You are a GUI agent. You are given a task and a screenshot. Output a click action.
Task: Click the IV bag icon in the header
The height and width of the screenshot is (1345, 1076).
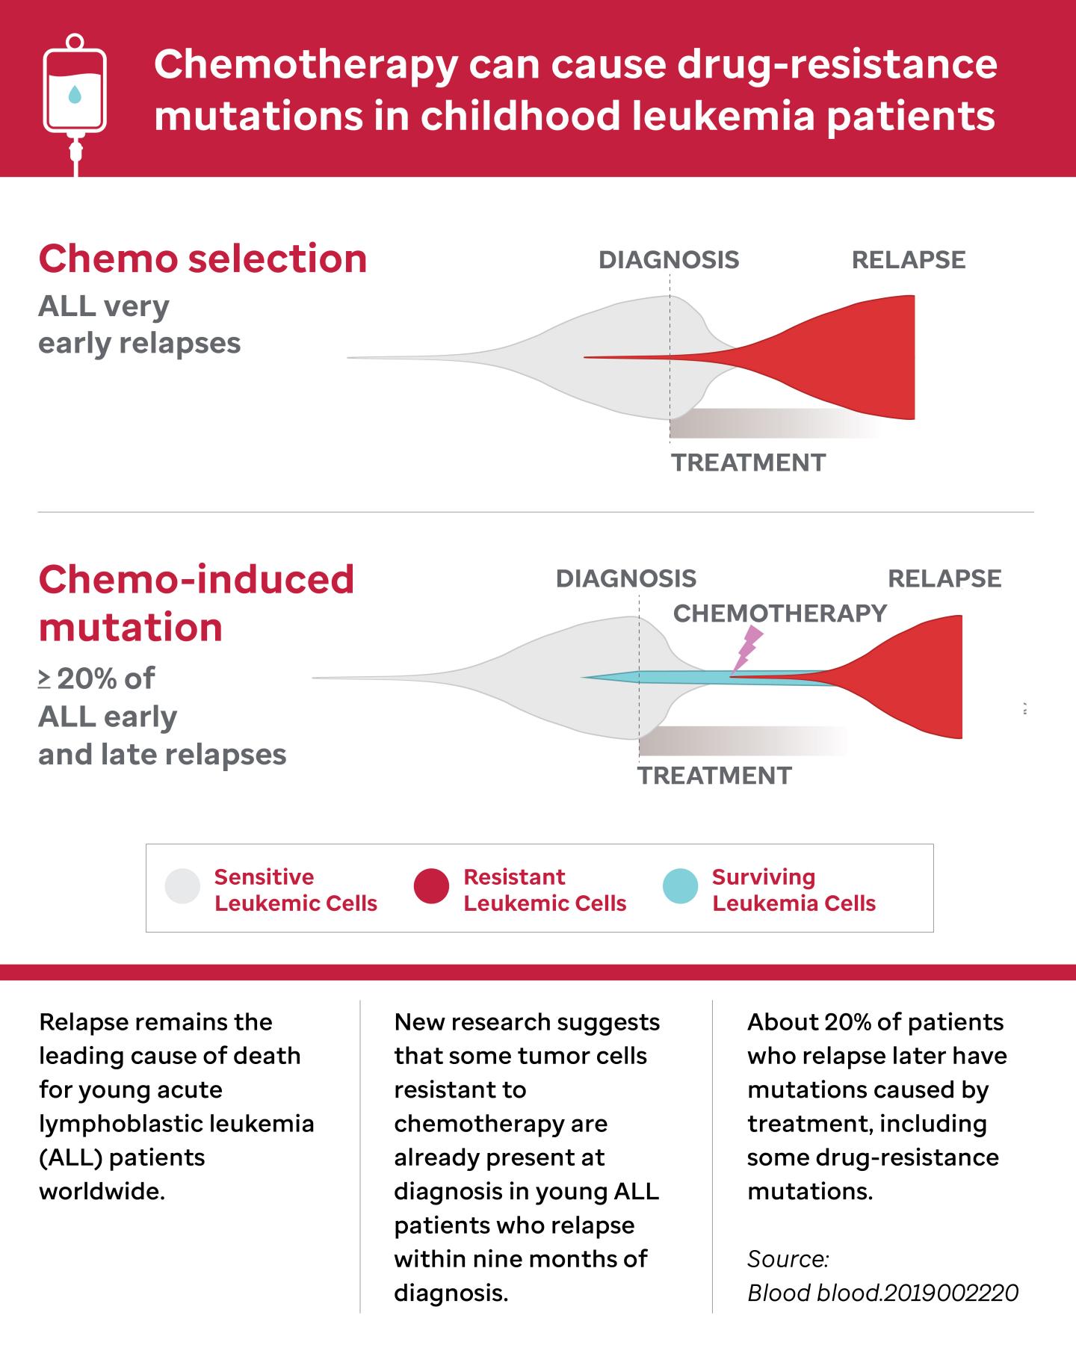pos(75,93)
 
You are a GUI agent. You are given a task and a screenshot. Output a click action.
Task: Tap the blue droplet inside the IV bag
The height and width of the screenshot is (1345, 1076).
pos(75,94)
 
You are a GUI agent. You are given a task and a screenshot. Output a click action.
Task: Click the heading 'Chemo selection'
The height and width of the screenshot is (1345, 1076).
pos(202,259)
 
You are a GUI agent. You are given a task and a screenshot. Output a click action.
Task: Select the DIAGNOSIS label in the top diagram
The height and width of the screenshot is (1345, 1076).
pos(669,260)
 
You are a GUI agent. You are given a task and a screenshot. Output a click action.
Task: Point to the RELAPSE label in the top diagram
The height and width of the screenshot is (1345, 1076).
pos(909,260)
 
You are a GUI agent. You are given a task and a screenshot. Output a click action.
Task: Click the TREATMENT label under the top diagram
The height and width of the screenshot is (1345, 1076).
pos(748,463)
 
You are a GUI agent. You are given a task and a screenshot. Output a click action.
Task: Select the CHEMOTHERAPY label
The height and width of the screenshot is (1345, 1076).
pos(779,613)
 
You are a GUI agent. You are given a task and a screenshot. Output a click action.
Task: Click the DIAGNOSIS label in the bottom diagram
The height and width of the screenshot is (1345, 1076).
pos(626,579)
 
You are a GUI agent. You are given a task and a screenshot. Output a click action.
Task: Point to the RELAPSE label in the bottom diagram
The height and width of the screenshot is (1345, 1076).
pos(944,579)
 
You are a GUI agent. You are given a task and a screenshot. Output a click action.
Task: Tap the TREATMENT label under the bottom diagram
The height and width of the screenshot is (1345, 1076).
pos(714,776)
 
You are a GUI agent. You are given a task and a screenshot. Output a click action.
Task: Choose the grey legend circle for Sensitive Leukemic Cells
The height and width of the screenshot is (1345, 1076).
pos(182,886)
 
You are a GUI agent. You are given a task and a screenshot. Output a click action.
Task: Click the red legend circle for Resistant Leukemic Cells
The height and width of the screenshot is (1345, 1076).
pos(431,886)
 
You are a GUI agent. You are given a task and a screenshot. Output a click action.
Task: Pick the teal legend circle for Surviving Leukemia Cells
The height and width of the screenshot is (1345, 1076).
pos(680,886)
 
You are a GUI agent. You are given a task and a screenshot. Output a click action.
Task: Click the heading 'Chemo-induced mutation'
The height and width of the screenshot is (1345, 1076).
pos(196,602)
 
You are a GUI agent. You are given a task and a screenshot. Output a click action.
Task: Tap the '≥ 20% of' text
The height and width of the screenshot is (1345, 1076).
pos(96,678)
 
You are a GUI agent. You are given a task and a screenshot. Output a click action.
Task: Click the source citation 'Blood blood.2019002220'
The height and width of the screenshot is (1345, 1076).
pos(882,1293)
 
